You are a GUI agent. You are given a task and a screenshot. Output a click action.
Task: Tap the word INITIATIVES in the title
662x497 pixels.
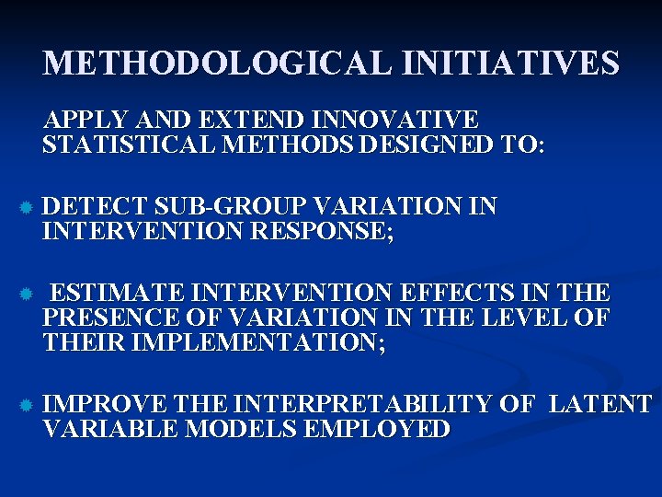click(502, 64)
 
